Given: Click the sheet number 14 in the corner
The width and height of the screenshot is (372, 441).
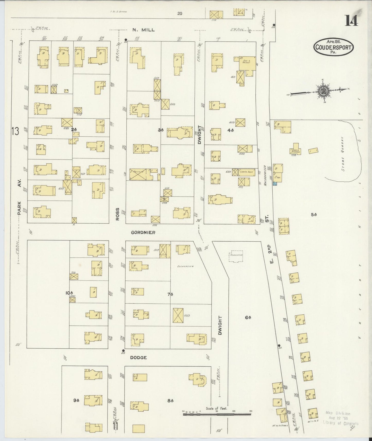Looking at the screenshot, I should pos(351,21).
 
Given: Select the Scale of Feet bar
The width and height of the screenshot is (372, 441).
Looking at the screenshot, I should pos(217,414).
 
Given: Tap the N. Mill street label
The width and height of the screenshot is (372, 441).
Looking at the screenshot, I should pos(143,30).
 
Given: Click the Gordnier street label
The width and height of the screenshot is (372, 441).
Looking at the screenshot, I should pos(143,232).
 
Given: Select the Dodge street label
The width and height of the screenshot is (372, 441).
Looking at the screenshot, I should pos(138,357).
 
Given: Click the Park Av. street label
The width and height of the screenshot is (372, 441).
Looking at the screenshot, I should pos(19,197).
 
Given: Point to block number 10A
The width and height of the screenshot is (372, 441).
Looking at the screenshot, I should pos(69,293).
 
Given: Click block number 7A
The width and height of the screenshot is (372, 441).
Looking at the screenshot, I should pos(169,294).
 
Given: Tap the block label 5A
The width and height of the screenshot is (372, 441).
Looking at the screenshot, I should pos(313,214).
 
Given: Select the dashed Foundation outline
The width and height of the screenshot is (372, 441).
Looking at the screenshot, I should pos(236,256).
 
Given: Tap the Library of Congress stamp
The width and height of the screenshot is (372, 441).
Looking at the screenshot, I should pos(340,418).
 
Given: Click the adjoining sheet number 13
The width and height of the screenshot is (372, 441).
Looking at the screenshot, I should pos(15,131).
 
